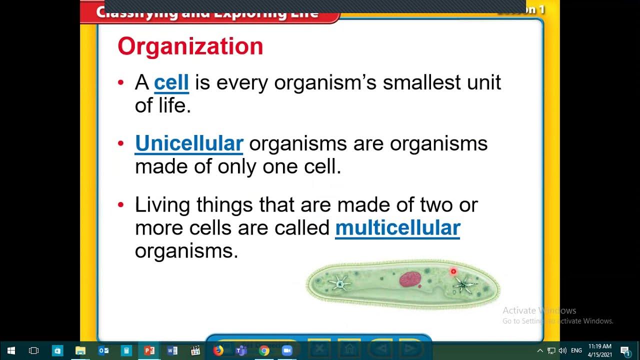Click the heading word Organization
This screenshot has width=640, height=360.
(x=190, y=46)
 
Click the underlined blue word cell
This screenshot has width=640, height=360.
(x=171, y=82)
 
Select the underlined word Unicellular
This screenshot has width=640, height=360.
(x=189, y=143)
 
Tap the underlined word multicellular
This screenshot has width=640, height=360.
(x=397, y=228)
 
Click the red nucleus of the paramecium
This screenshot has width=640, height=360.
(x=410, y=279)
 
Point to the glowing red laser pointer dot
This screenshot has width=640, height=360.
(x=453, y=271)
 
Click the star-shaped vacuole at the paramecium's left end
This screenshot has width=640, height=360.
(x=340, y=284)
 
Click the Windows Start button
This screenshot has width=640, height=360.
(x=11, y=350)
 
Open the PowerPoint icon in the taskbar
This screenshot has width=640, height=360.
(x=149, y=350)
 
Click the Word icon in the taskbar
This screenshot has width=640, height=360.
(x=172, y=350)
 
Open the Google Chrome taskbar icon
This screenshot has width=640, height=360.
(x=264, y=350)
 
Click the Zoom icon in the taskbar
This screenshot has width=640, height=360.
(x=287, y=350)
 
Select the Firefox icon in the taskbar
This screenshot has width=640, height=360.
(x=218, y=350)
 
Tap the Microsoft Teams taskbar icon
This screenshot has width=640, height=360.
(x=241, y=350)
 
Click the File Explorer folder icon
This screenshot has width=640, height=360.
(x=80, y=350)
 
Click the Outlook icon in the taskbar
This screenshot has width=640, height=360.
(x=103, y=350)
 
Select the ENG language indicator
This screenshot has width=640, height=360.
(x=576, y=350)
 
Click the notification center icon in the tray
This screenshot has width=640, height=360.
(x=625, y=350)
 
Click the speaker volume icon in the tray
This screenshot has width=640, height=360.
(x=562, y=350)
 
